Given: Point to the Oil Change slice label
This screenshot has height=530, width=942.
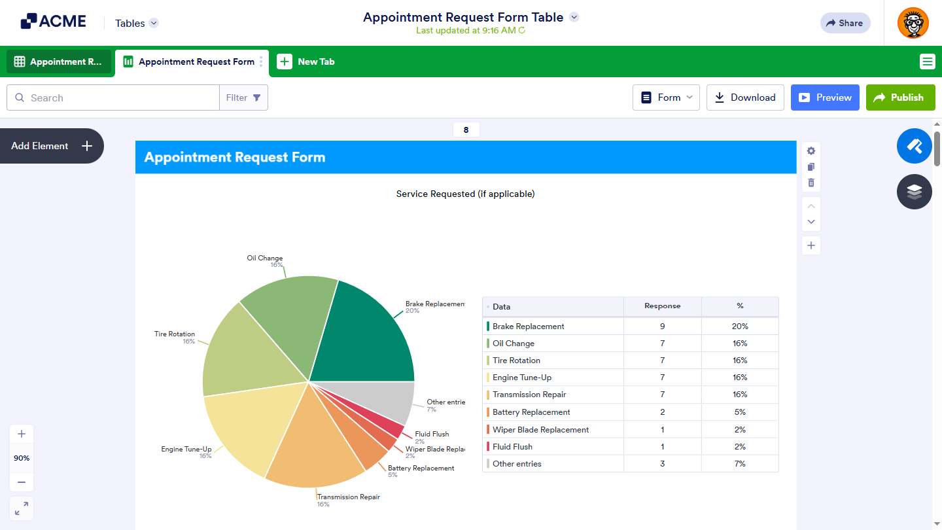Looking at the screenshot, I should [x=265, y=258].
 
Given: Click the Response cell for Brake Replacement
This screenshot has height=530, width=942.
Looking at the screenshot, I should [x=662, y=326].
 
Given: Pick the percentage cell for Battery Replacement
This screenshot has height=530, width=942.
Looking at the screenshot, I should [x=740, y=412].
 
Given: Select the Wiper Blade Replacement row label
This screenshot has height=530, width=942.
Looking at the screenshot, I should [x=540, y=430].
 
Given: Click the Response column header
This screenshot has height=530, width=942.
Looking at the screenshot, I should [x=662, y=306].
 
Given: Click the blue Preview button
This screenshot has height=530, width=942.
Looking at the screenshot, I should [x=824, y=97].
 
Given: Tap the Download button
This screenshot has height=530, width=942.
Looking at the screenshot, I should [x=745, y=97].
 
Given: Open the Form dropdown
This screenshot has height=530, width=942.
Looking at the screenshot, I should [x=666, y=97].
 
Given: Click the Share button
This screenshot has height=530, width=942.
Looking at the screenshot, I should [x=845, y=23].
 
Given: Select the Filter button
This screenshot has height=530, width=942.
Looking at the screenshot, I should [x=243, y=97].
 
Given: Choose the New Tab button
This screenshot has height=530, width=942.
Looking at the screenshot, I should [x=306, y=62].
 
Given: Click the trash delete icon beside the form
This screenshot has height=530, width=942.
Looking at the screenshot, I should [x=811, y=183].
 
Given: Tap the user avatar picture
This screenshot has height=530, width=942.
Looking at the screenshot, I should [x=913, y=23].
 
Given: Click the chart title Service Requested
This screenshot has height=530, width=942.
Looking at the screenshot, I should [x=465, y=194].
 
